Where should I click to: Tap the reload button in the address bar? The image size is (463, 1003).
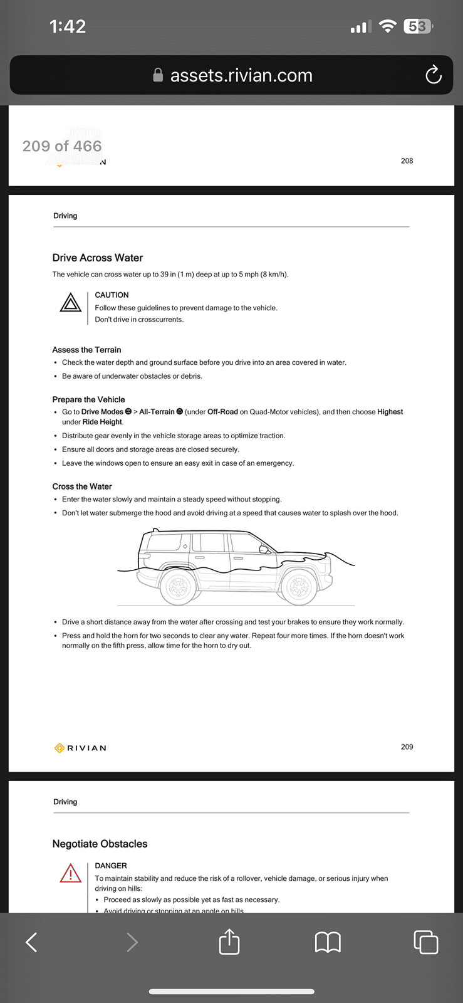(x=433, y=75)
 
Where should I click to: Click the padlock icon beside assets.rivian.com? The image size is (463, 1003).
(x=158, y=75)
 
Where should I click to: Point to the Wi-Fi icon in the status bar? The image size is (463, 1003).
(x=387, y=26)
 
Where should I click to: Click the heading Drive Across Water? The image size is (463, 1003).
(x=98, y=258)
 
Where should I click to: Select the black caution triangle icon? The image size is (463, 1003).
(x=71, y=303)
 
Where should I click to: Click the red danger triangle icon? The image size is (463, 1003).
(x=71, y=873)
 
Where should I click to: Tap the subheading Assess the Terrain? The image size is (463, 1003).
(x=87, y=350)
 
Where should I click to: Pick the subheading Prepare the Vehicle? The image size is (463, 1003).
(x=88, y=399)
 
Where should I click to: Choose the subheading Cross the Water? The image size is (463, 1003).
(x=82, y=486)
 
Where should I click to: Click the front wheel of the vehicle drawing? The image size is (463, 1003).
(x=298, y=586)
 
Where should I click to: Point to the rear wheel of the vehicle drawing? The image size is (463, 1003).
(x=178, y=586)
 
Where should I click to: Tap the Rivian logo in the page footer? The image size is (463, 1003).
(x=80, y=748)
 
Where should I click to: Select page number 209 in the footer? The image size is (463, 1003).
(x=407, y=747)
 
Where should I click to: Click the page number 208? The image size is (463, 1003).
(x=407, y=160)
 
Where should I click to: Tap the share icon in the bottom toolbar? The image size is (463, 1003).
(x=229, y=942)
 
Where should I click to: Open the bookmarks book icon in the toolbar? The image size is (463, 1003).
(x=328, y=943)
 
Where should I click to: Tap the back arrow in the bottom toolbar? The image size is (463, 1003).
(x=31, y=942)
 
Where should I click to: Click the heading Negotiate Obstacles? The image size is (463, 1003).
(x=100, y=844)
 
